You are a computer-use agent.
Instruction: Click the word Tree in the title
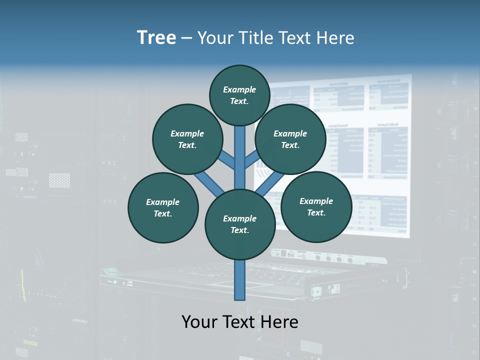click(156, 37)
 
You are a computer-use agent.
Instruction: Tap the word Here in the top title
click(334, 38)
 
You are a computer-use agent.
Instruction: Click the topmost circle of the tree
click(239, 95)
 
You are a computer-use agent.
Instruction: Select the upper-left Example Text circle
click(187, 139)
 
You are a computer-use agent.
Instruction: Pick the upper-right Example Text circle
click(290, 139)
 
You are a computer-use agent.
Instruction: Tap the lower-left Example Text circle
click(163, 207)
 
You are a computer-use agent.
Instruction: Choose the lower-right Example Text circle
click(316, 206)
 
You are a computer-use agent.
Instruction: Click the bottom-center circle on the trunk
click(240, 224)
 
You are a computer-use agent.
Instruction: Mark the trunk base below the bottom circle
click(240, 280)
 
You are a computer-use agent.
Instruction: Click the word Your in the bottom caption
click(199, 322)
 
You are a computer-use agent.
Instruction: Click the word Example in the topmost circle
click(239, 89)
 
